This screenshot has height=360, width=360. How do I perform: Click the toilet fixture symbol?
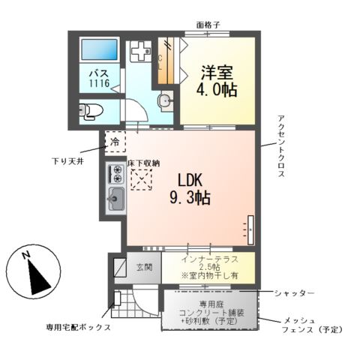click(x=89, y=111)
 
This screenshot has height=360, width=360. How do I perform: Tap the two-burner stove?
click(x=117, y=174)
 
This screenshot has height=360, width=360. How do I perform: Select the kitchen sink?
click(x=117, y=199)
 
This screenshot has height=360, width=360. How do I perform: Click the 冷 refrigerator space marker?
click(x=115, y=140)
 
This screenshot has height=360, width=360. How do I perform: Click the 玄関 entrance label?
click(x=144, y=267)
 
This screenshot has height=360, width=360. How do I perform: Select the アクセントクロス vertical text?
click(x=280, y=145)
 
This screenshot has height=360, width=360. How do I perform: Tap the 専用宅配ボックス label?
click(x=79, y=328)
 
